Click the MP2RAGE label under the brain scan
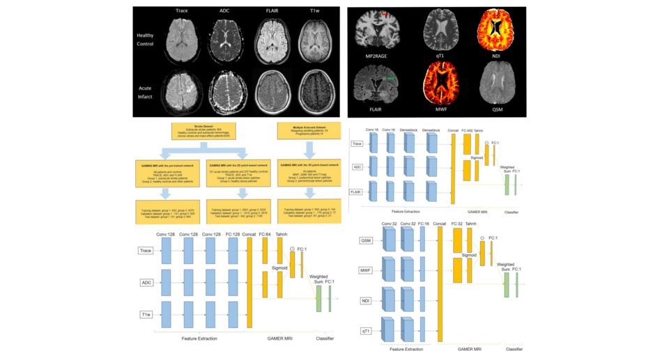pyautogui.click(x=377, y=55)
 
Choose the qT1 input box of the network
pyautogui.click(x=365, y=329)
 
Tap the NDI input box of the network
pyautogui.click(x=365, y=300)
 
